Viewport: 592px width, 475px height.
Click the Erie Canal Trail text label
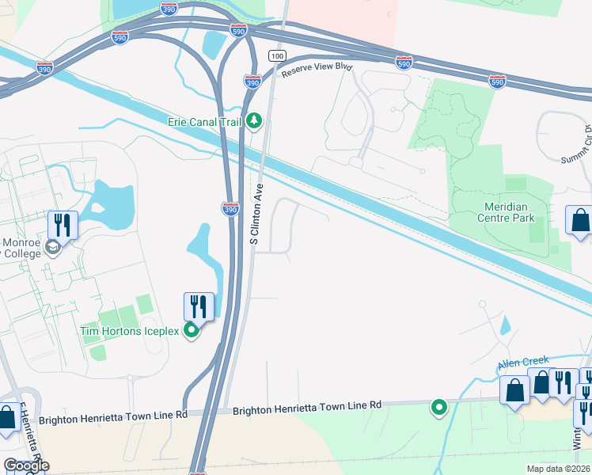[x=205, y=122]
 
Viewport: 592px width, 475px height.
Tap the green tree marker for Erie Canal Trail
[x=254, y=121]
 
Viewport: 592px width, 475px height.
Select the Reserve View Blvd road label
[x=316, y=69]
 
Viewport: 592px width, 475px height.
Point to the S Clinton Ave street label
[x=256, y=214]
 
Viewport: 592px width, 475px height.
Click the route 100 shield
[x=276, y=55]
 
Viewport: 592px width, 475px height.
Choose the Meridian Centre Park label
[x=509, y=212]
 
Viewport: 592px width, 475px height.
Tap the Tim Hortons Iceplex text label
[x=130, y=331]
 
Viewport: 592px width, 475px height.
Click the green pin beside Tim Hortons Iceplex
[x=191, y=331]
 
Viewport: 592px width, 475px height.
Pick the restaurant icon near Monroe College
[x=63, y=225]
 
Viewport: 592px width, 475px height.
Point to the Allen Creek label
[x=523, y=363]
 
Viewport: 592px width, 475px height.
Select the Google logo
[x=26, y=465]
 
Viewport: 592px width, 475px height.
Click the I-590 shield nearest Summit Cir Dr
[x=497, y=82]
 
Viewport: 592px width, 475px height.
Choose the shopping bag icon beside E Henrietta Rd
[x=8, y=416]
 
